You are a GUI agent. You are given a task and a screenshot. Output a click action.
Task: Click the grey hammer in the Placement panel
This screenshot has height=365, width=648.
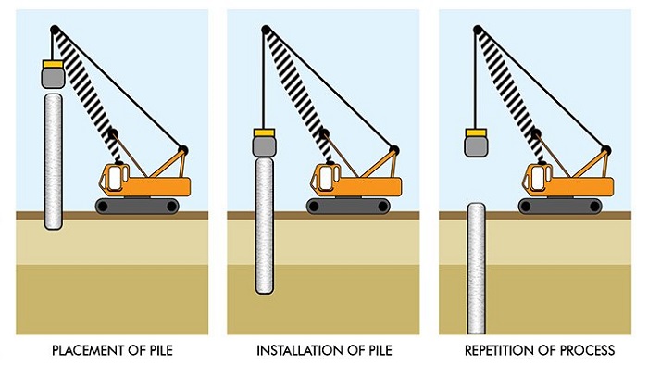53,78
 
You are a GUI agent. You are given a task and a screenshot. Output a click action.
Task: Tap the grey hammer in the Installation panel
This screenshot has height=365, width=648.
264,146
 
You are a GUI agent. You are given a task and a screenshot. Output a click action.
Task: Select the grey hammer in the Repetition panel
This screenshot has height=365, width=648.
476,146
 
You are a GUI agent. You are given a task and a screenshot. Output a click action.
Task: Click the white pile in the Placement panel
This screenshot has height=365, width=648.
54,161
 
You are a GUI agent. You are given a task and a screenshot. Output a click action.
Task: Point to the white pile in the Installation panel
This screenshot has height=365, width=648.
265,226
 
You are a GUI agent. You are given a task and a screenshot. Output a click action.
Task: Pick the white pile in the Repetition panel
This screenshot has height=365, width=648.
476,269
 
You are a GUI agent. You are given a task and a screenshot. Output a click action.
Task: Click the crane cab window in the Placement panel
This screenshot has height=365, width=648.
116,177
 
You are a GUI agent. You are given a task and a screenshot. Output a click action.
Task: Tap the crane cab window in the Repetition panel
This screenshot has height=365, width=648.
539,177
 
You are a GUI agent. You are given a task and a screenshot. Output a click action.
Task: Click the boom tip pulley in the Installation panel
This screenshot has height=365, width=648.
266,30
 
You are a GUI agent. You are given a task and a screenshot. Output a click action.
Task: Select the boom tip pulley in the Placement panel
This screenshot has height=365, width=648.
54,30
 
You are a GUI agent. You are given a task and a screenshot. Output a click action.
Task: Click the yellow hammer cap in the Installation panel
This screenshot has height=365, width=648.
264,132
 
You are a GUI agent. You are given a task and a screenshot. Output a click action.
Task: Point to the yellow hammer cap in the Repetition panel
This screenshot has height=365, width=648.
476,132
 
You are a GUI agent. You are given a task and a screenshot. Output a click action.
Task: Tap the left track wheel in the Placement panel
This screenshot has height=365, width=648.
102,207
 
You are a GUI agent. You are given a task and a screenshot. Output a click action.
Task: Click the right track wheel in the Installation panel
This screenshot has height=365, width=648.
383,207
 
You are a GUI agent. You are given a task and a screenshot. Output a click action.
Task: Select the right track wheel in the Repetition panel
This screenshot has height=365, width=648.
594,207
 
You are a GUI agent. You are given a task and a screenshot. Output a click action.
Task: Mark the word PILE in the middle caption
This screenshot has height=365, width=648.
379,350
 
